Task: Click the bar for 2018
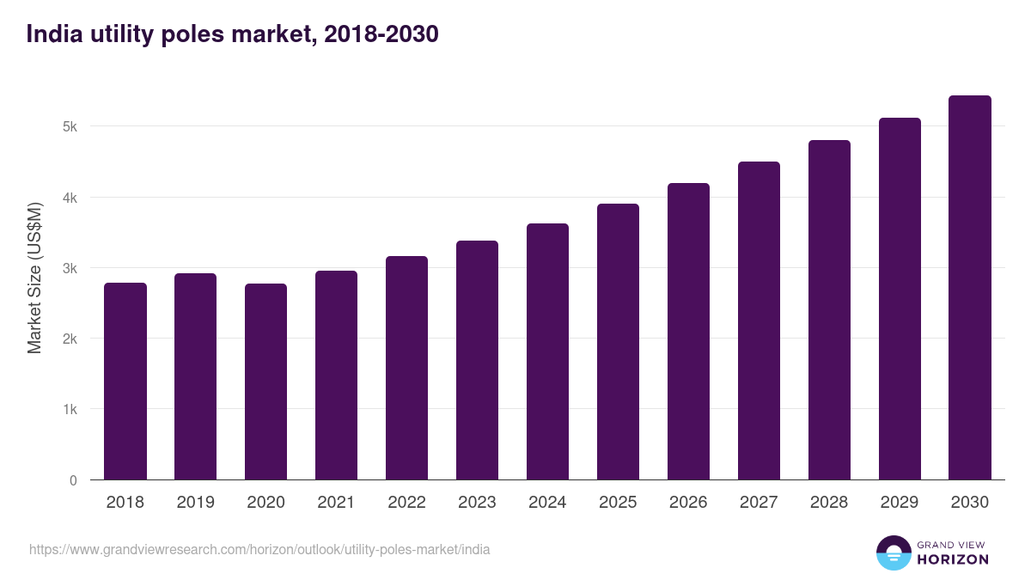click(125, 382)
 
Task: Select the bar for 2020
click(265, 382)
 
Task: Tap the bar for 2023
click(477, 360)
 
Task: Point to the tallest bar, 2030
click(970, 288)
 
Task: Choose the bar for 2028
click(829, 310)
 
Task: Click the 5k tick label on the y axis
click(70, 127)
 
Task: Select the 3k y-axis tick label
click(70, 268)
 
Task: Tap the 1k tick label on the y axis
click(70, 410)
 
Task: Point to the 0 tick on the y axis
click(73, 480)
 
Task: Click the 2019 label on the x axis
click(195, 503)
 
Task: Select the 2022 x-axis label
click(406, 503)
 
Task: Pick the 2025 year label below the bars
click(618, 503)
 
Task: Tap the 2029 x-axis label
click(900, 503)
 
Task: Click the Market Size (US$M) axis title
click(34, 278)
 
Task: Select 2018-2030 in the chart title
click(381, 34)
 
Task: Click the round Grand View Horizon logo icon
click(893, 553)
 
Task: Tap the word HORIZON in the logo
click(953, 559)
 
